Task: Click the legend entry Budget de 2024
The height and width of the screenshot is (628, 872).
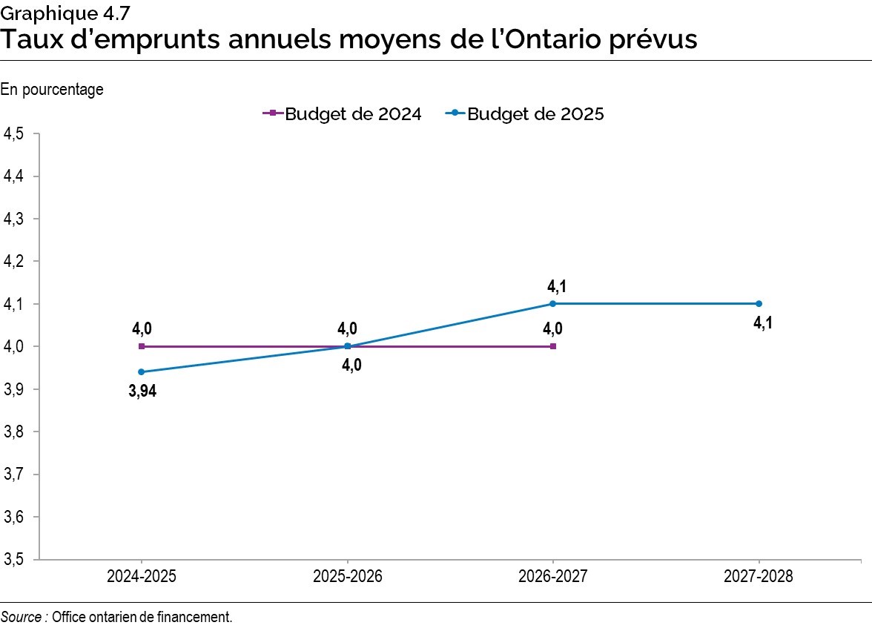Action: (x=343, y=114)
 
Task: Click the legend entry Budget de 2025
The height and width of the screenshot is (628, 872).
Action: (x=525, y=114)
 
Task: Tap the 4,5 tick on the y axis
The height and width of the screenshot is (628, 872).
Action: (x=14, y=134)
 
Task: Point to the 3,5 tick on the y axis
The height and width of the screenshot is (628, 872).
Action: (x=14, y=560)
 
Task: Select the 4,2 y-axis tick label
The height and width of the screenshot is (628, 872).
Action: (x=14, y=262)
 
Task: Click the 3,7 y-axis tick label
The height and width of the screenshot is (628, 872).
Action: (x=14, y=475)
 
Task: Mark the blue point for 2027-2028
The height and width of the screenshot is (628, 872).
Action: (x=759, y=303)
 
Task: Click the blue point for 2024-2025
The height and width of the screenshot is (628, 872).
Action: (x=142, y=371)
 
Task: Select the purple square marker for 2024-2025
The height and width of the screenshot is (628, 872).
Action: (x=142, y=346)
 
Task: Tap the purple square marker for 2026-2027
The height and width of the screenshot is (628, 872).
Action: (x=553, y=346)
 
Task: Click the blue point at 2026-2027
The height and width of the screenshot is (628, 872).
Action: (x=553, y=303)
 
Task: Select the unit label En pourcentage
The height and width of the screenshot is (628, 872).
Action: (x=52, y=90)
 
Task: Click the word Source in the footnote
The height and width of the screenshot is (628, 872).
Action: (x=21, y=616)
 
